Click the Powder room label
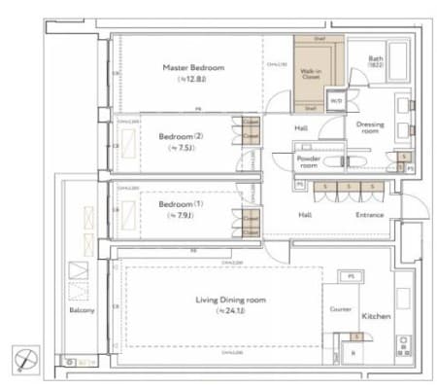pos(308,159)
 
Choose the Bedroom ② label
pos(181,136)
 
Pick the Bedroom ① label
pos(182,205)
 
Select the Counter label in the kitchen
pos(339,309)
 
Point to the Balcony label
pos(80,310)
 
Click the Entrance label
pos(369,215)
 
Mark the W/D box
pos(337,101)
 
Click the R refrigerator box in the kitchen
pos(353,352)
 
